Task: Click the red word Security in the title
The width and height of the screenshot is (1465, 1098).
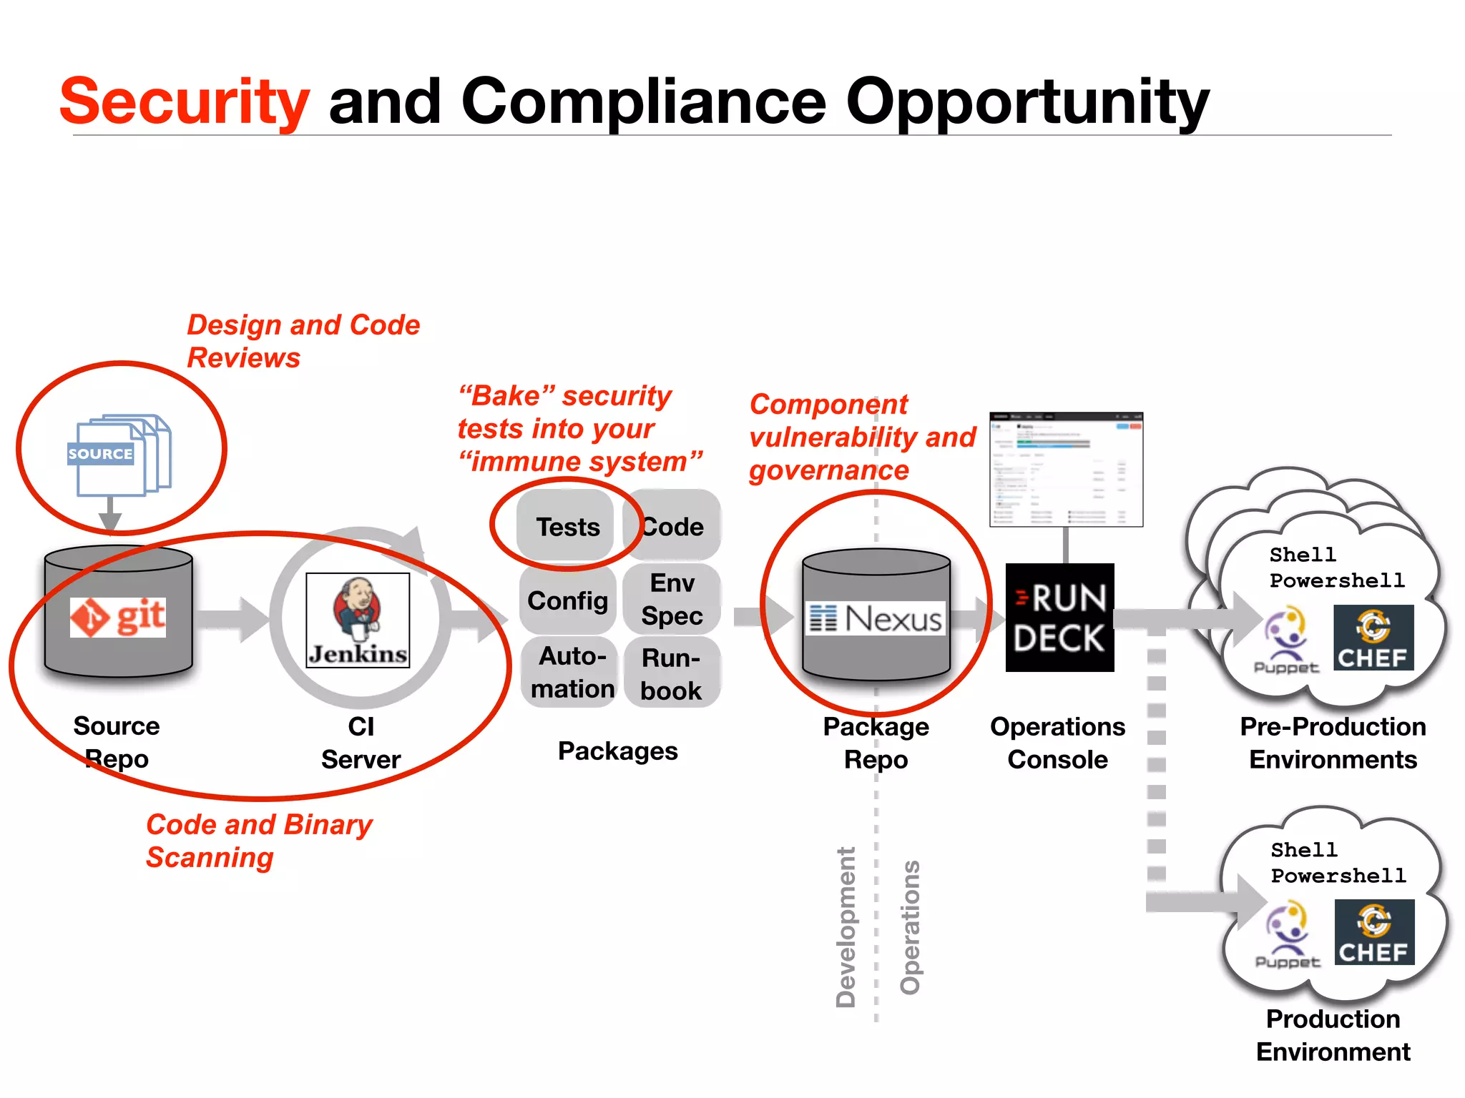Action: tap(185, 102)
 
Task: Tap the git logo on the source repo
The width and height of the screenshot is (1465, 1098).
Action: tap(118, 617)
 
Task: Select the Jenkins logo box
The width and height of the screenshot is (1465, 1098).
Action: tap(358, 620)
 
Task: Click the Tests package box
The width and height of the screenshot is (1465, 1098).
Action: tap(567, 527)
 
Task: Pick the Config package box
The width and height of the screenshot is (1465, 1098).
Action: tap(567, 600)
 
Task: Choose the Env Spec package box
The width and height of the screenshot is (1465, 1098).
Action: tap(672, 599)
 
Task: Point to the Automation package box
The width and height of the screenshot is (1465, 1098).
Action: tap(572, 672)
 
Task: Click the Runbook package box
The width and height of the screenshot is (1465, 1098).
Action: tap(671, 673)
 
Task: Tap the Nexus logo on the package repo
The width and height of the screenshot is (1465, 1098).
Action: tap(876, 619)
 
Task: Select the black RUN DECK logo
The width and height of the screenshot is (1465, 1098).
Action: tap(1059, 618)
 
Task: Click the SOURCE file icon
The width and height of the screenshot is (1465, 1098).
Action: tap(119, 455)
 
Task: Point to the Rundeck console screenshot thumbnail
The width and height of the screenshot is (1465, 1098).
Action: tap(1066, 469)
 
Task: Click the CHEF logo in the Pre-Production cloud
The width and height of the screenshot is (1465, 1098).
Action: tap(1373, 638)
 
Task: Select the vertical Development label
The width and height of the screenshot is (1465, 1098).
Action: tap(846, 927)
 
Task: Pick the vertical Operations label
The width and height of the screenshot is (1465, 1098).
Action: tap(910, 927)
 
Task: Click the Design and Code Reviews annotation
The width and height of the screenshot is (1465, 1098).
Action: tap(303, 341)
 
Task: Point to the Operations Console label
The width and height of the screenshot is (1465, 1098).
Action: tap(1057, 743)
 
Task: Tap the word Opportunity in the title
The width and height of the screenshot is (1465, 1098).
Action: tap(1027, 102)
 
